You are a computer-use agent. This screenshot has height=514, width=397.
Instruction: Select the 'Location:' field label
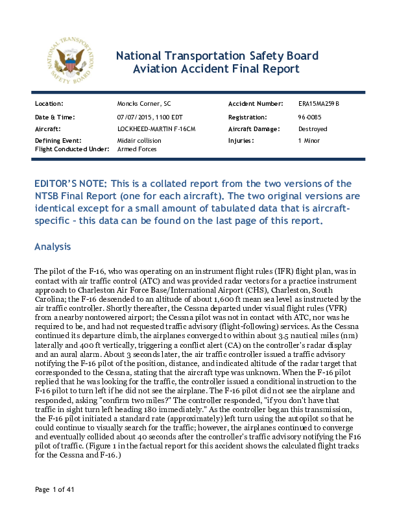tap(49, 104)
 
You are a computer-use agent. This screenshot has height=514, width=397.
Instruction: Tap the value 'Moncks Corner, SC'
tap(144, 104)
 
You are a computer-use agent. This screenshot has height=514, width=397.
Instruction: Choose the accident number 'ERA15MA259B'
tap(319, 104)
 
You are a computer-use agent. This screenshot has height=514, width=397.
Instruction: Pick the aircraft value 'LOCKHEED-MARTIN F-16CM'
tap(156, 129)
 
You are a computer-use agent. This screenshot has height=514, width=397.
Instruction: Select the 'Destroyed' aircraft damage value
tap(313, 129)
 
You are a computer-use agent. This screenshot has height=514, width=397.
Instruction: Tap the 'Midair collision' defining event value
tap(139, 140)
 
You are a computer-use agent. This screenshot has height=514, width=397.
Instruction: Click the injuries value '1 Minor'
tap(309, 140)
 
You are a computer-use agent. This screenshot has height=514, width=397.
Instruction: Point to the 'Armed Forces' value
tap(137, 149)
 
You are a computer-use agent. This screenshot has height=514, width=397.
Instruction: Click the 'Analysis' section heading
tap(56, 247)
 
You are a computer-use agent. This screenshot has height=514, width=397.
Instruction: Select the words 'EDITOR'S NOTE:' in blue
tap(72, 184)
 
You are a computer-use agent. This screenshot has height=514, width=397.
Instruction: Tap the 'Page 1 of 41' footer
tap(55, 489)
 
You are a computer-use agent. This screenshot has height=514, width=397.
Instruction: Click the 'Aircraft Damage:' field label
tap(254, 129)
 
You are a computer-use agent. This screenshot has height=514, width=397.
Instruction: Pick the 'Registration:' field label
tap(248, 117)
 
